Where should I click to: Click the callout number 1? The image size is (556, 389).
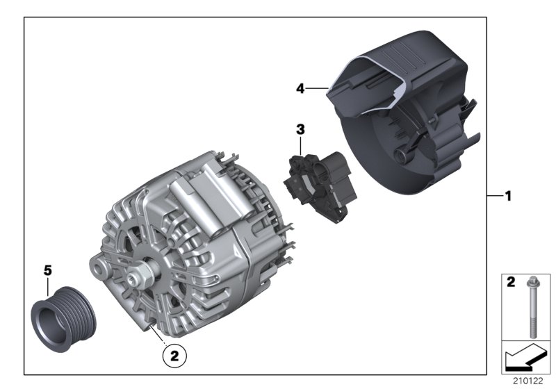click(x=508, y=197)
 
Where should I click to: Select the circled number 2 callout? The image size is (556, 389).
click(x=174, y=356)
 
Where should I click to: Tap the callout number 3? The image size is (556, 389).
click(x=300, y=129)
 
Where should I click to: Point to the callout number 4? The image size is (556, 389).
click(x=300, y=88)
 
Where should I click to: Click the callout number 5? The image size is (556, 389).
click(x=48, y=270)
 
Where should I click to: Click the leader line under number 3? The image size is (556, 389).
click(x=300, y=144)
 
